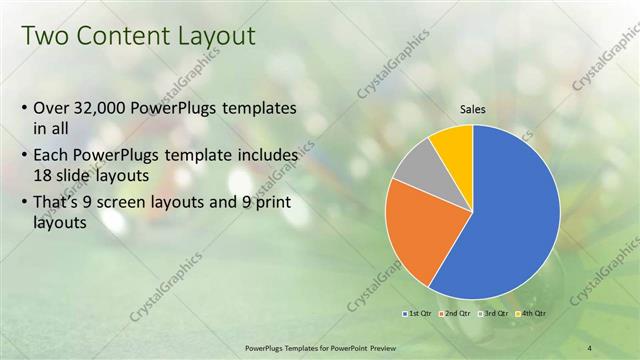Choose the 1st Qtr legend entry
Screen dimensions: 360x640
(x=417, y=314)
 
